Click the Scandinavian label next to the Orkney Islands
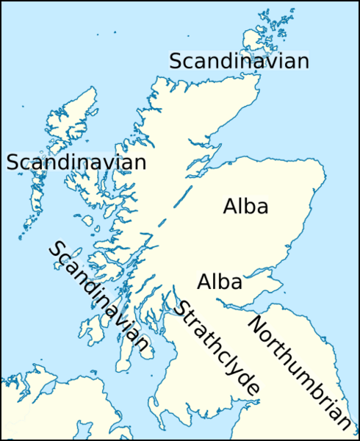(x=239, y=62)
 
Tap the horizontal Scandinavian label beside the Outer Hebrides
(x=76, y=162)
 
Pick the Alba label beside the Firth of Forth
(x=220, y=281)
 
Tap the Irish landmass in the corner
(x=44, y=412)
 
